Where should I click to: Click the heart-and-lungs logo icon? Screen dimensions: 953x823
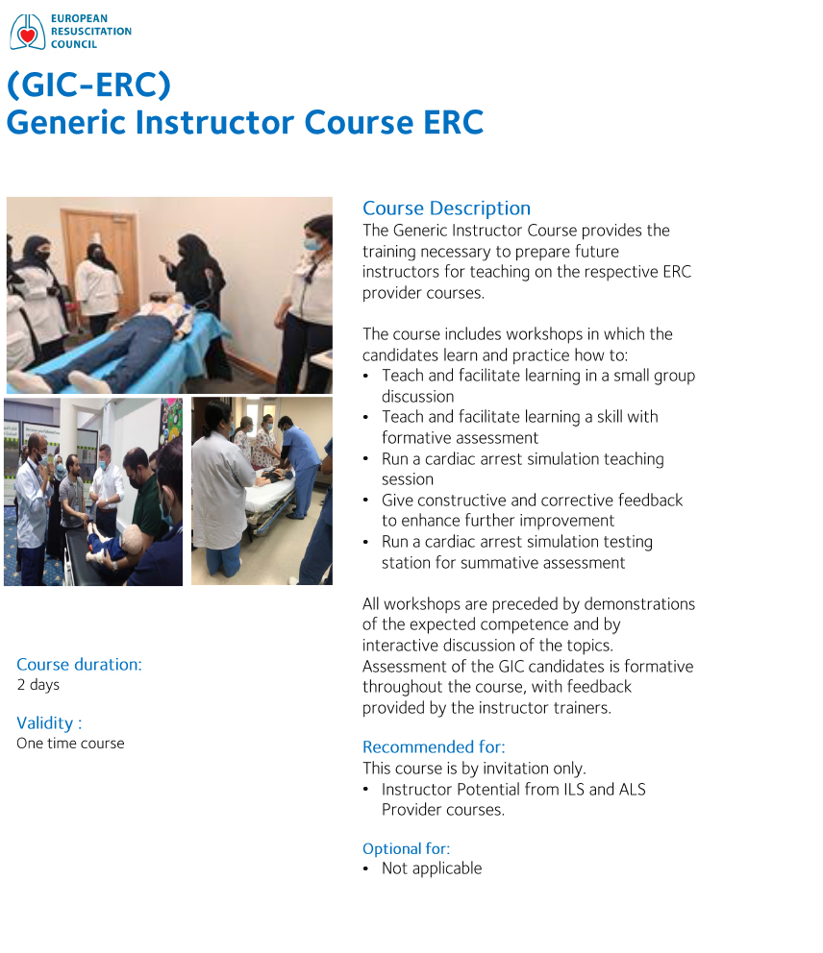point(28,32)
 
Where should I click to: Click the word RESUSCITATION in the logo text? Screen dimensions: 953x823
point(91,31)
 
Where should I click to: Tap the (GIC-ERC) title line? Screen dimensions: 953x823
point(88,85)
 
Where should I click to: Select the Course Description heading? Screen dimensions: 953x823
point(446,208)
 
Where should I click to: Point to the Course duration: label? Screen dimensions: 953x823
point(79,664)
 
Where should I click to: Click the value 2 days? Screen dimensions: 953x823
point(38,685)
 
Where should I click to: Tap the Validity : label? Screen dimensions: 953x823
point(49,722)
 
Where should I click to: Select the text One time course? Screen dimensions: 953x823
point(70,744)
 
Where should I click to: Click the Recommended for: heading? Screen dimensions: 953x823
point(434,746)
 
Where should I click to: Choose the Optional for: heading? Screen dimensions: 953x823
point(406,848)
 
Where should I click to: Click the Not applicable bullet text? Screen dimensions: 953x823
point(432,868)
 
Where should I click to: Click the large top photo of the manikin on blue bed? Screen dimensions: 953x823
point(169,295)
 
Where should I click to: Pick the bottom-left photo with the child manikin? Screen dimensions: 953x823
point(93,492)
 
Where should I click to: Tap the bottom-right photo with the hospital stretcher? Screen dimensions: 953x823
point(262,492)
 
